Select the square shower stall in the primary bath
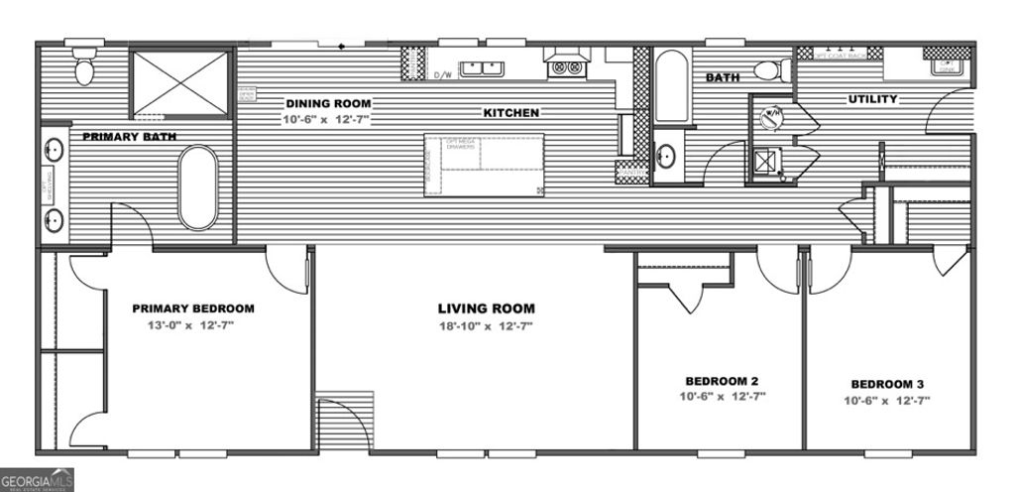180,82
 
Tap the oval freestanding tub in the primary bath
198,187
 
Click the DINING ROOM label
328,103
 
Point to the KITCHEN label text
511,113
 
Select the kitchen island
483,165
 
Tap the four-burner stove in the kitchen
566,66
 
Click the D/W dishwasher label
443,74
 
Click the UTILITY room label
872,99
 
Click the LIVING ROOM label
486,308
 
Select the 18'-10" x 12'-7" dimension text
486,326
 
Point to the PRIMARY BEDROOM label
193,308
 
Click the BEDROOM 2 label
721,381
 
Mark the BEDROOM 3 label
887,384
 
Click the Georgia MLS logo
37,480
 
